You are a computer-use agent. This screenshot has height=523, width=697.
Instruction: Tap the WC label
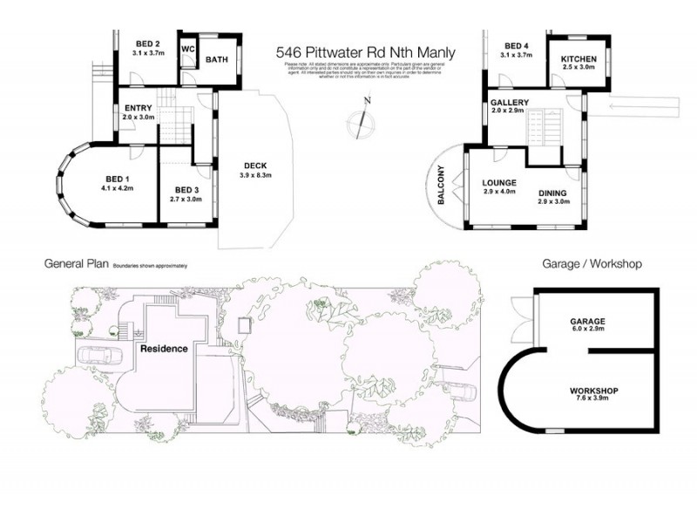click(187, 49)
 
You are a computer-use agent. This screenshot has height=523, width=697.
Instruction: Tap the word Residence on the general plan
click(164, 349)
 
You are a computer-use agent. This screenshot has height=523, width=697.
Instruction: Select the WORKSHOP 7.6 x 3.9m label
click(594, 394)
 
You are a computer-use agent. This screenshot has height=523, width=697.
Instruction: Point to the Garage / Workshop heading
click(592, 263)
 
